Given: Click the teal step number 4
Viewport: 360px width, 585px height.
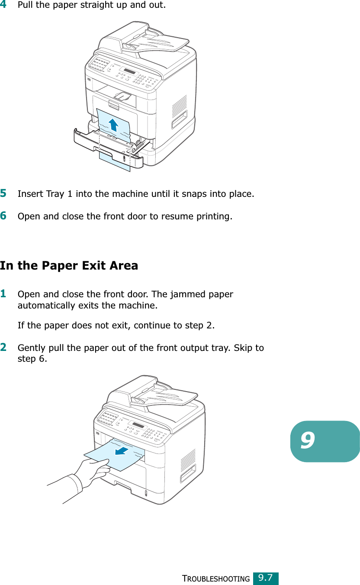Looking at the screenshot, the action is point(3,4).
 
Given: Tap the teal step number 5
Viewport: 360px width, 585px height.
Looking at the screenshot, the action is point(3,193).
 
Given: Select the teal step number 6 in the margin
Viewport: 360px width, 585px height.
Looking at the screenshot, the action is point(3,216).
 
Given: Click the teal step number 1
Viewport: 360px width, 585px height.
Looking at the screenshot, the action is point(3,293).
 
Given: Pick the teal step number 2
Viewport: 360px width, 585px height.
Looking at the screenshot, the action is point(3,347).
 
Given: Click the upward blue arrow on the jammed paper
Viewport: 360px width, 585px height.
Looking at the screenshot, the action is point(113,125).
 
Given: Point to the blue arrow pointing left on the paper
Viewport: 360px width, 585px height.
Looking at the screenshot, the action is point(122,451).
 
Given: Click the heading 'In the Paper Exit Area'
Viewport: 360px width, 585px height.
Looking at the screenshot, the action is point(69,265).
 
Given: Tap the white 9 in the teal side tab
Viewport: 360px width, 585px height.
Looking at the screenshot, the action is point(307,440).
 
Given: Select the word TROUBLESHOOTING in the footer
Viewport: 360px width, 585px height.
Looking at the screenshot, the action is point(216,579).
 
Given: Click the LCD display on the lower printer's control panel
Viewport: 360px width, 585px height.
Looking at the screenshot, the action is point(138,425).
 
